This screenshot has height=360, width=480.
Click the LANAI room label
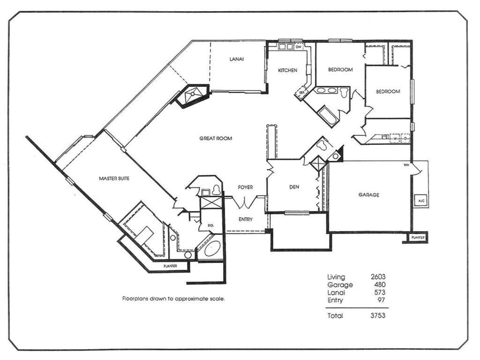237,59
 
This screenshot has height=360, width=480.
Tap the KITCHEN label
287,70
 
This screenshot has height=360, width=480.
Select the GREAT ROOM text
216,138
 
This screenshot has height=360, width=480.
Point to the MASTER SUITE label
114,179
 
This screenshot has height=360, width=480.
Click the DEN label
294,187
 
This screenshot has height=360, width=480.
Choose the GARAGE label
369,195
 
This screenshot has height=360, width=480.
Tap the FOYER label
246,187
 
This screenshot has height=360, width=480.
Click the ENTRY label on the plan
246,219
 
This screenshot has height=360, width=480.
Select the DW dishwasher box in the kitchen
299,47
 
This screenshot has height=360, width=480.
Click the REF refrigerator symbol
301,92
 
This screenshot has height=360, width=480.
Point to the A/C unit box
421,201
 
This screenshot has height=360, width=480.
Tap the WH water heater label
406,165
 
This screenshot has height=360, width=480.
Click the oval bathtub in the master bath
212,248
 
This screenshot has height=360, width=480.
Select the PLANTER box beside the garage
418,238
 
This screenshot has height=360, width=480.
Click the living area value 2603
378,277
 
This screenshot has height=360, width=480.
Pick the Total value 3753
378,315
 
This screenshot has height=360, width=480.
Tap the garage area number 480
380,285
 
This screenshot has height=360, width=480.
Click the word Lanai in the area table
336,292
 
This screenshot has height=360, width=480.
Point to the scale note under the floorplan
173,299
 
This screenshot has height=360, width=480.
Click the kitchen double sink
285,47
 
